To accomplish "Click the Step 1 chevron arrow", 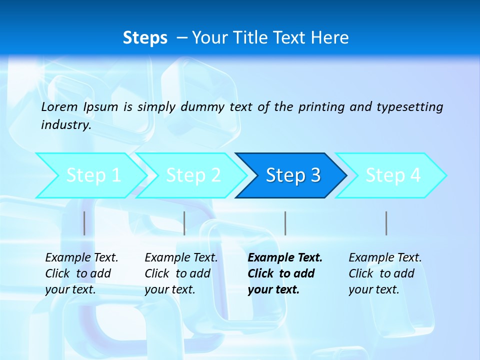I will point(92,175).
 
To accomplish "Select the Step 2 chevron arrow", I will point(193,175).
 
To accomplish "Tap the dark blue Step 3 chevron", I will point(293,175).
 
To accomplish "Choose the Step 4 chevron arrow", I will point(393,175).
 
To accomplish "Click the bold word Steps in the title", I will point(145,38).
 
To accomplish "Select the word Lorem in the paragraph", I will point(59,106).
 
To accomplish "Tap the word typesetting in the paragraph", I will point(409,106).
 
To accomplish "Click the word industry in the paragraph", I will point(65,125).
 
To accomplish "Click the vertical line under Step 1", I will point(84,223).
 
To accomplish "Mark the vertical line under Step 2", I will point(184,223).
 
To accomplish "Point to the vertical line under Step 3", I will point(285,223).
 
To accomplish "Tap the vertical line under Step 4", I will point(386,223).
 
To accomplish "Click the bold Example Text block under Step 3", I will point(284,273).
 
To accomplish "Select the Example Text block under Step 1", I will point(81,273).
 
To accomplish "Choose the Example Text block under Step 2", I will point(181,273).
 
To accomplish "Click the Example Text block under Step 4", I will point(384,273).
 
